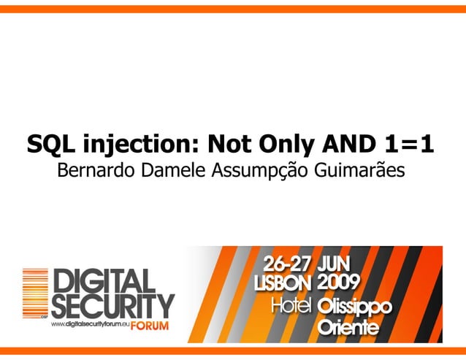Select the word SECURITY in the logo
[111, 306]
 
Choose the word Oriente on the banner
[348, 329]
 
